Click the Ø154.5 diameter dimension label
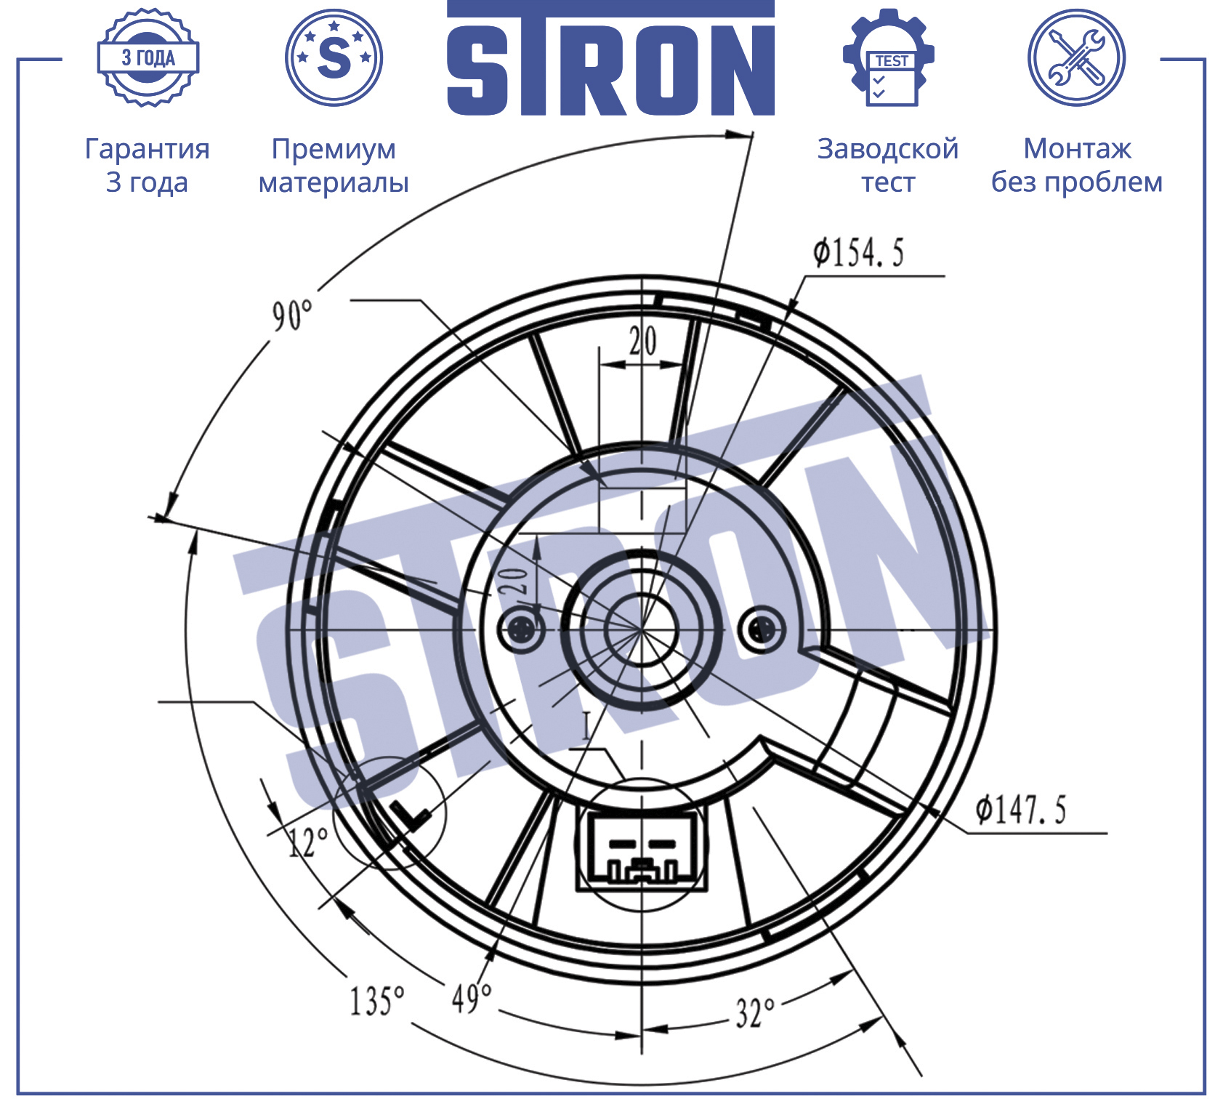coord(858,253)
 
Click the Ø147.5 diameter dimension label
coord(1020,809)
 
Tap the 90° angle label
coord(292,315)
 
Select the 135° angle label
coord(376,1001)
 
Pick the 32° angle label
coord(755,1012)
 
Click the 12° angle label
coord(308,842)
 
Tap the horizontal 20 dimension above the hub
coord(642,341)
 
